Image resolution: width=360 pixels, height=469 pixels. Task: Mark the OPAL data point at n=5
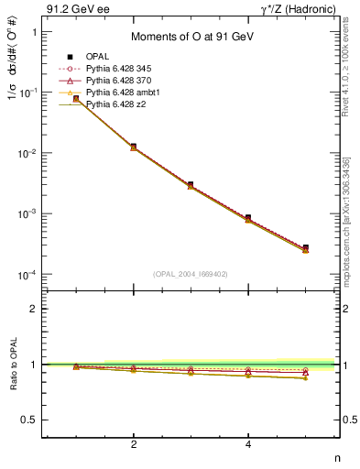point(305,247)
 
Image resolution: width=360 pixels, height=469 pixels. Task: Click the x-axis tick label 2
point(134,444)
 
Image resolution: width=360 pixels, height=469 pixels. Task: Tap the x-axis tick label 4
point(248,444)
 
